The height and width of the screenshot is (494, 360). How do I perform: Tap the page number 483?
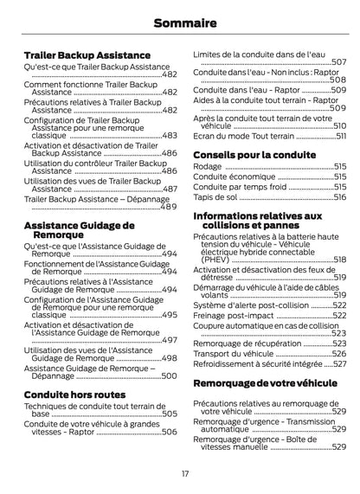click(170, 136)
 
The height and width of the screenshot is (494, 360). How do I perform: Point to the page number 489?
click(169, 208)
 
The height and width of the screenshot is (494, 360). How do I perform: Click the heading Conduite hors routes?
click(74, 395)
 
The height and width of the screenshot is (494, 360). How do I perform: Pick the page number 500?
click(170, 376)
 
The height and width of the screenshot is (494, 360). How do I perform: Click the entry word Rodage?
click(207, 166)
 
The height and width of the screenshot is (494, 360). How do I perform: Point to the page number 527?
click(339, 364)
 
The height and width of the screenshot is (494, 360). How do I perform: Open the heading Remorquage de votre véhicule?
click(265, 382)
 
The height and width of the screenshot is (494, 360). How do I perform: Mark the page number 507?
click(338, 62)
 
